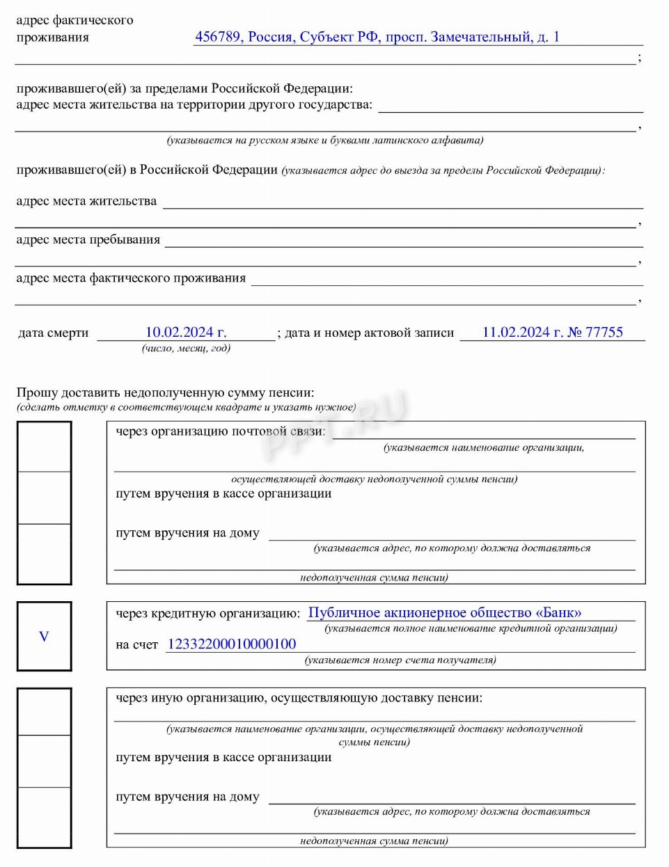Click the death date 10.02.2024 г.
[x=185, y=333]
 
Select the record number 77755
[x=604, y=333]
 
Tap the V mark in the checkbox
[x=44, y=637]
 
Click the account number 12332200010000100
[x=232, y=644]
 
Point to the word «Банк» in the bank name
[x=558, y=613]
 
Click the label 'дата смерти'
[x=54, y=333]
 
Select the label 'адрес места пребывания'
[x=88, y=240]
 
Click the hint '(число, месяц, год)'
[x=186, y=348]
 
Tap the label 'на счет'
[x=137, y=645]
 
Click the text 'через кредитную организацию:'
[x=208, y=614]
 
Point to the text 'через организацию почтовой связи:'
[x=220, y=431]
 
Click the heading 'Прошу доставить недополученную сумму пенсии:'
[x=165, y=393]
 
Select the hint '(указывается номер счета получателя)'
[x=400, y=660]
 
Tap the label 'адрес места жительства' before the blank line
[x=86, y=202]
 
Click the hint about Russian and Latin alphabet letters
[x=324, y=141]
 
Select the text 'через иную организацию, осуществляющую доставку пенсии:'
[x=299, y=698]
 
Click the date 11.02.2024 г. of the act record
[x=523, y=333]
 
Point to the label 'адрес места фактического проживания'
[x=131, y=278]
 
